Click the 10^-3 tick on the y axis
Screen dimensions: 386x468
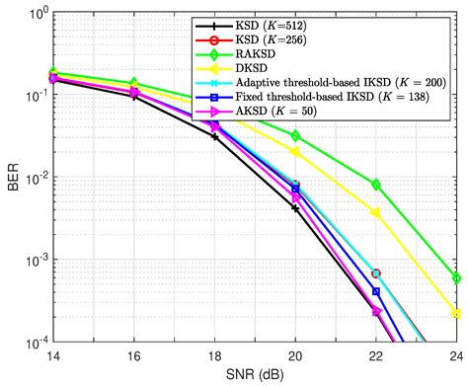click(35, 261)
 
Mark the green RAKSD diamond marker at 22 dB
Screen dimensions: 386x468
click(376, 185)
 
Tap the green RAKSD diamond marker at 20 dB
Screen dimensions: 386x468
click(295, 135)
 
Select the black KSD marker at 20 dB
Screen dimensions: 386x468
click(295, 208)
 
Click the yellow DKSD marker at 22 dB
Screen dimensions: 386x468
click(376, 212)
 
